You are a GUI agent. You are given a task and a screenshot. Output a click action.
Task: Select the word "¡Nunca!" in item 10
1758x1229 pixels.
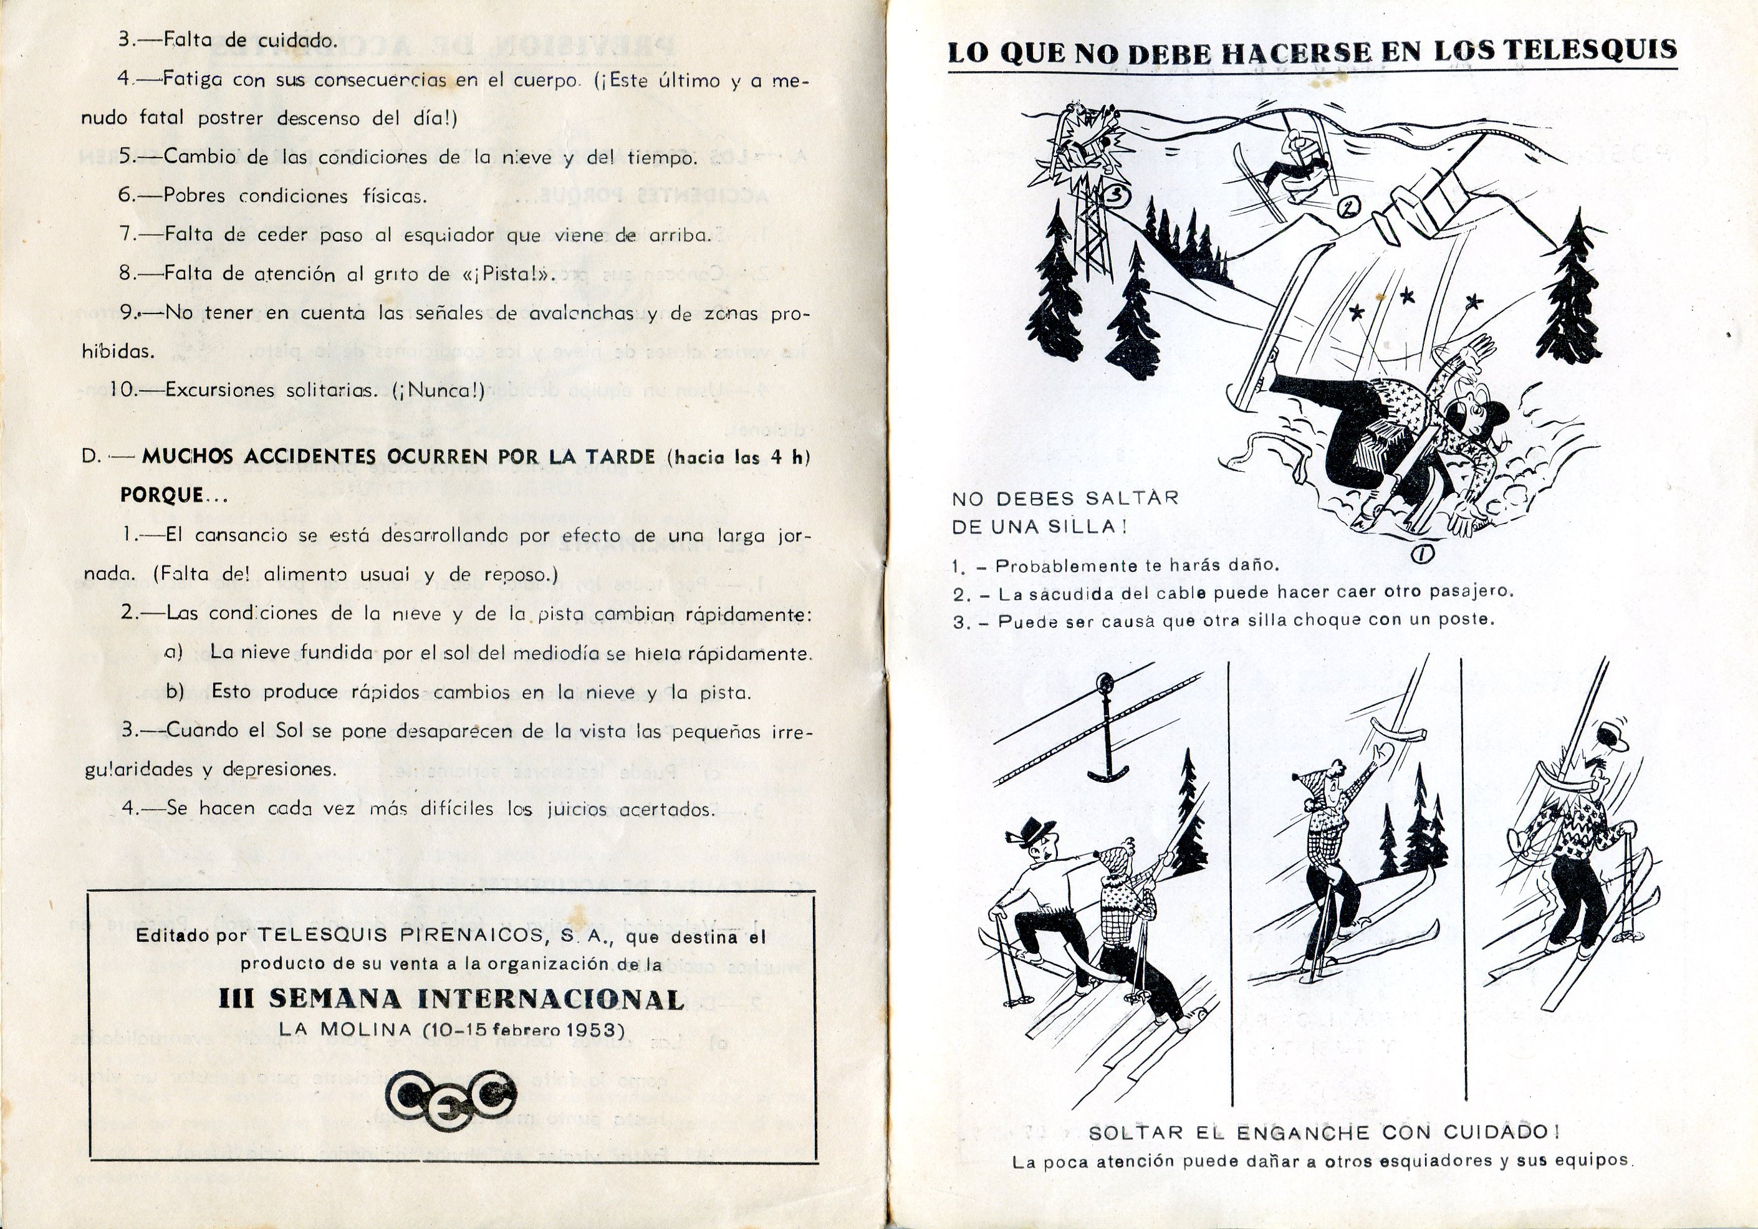(x=439, y=390)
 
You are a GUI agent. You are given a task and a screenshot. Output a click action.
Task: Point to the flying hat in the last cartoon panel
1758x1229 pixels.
(x=1611, y=735)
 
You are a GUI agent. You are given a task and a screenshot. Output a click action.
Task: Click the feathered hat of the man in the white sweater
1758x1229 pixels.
(x=1038, y=829)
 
